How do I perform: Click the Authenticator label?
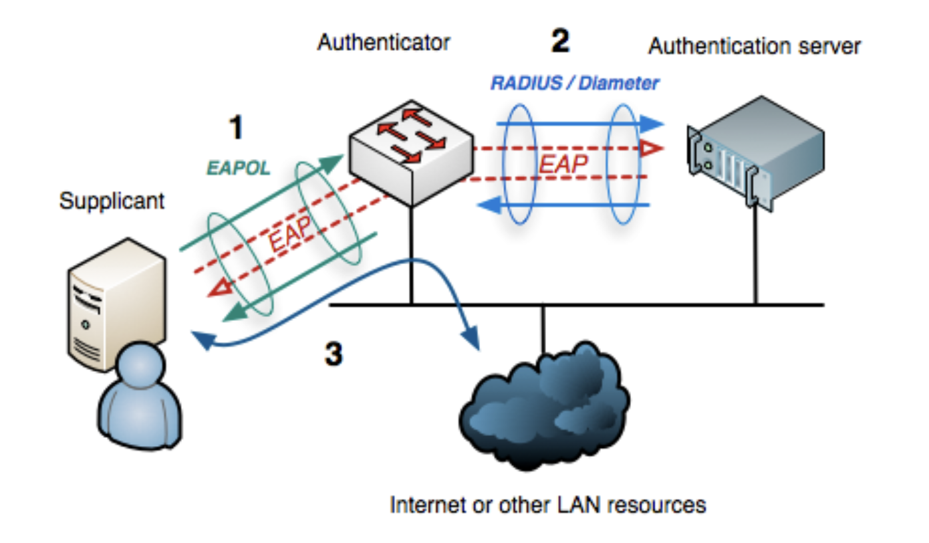coord(384,43)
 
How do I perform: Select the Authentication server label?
coord(755,46)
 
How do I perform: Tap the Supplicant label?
coord(112,201)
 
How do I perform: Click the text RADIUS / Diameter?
coord(575,84)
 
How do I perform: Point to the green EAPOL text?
coord(238,168)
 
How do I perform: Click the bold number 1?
coord(235,128)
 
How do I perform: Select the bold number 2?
coord(559,41)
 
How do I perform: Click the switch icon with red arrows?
coord(409,154)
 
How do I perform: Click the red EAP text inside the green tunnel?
coord(291,235)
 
